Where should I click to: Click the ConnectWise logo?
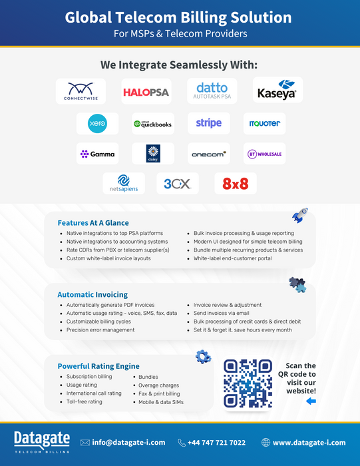(81, 91)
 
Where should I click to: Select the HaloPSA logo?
(146, 92)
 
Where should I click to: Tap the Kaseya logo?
(277, 90)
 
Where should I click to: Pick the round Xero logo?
(97, 123)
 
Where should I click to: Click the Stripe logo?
(209, 123)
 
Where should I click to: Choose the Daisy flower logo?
(153, 153)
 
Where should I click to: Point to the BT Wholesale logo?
(264, 154)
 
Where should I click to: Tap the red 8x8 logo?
(236, 184)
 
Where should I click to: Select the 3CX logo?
(177, 184)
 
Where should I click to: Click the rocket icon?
(299, 215)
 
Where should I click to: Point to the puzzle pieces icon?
(297, 284)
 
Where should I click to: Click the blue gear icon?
(203, 357)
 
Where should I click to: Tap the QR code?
(248, 383)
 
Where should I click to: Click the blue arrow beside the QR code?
(311, 401)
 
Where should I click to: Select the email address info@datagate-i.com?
(128, 443)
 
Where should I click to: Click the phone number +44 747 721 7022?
(216, 443)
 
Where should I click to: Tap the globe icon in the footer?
(266, 443)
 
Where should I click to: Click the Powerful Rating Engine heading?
(98, 366)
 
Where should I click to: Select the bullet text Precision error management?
(100, 330)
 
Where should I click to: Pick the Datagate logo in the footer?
(42, 442)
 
